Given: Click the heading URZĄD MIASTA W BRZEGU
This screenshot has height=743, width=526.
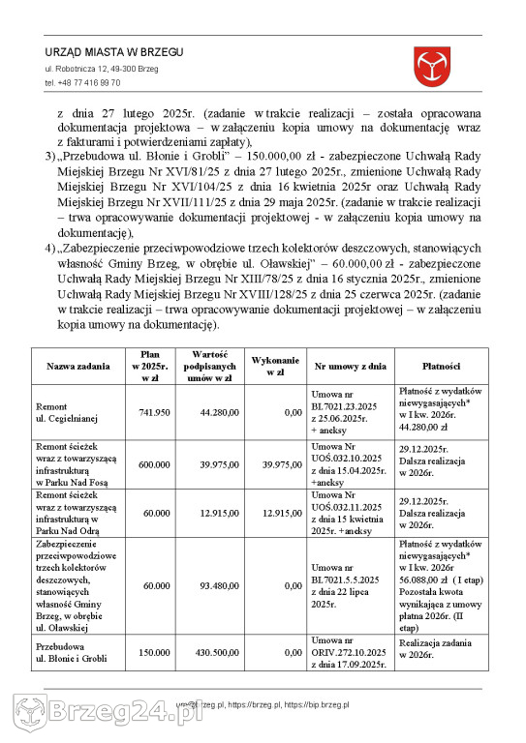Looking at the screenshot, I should [x=113, y=52].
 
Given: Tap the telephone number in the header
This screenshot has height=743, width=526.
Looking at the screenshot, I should [x=82, y=83].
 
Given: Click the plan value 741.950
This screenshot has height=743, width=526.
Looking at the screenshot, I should [x=154, y=413].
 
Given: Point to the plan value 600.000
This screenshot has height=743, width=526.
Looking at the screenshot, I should [x=154, y=464].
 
